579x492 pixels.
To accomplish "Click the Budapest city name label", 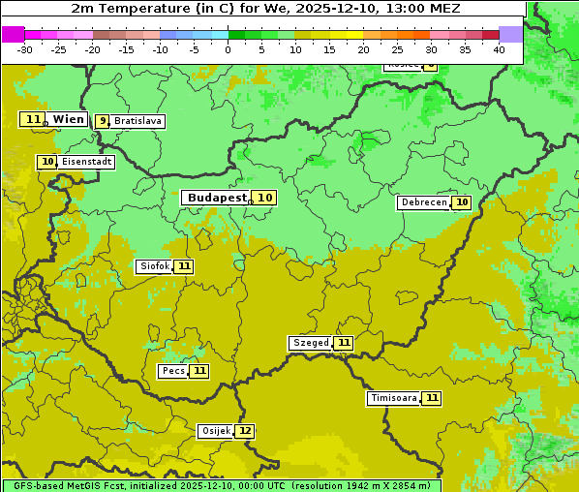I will tap(217, 198).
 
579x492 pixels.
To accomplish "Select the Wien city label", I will tap(69, 119).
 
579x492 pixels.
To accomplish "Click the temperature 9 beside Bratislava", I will tap(103, 121).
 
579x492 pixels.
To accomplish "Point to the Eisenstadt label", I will tap(87, 162).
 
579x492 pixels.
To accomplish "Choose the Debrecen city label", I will tap(423, 202).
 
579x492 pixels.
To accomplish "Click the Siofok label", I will tap(155, 266).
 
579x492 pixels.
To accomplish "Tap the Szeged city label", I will tap(311, 343).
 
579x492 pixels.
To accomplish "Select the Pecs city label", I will tap(173, 371).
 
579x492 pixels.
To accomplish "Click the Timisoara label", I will tap(394, 398).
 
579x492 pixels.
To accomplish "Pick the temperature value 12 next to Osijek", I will tap(245, 431).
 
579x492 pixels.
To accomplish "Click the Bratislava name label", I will tap(137, 121).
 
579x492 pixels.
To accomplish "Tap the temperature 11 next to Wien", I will tap(33, 119).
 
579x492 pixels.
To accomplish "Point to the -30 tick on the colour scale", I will tap(25, 49).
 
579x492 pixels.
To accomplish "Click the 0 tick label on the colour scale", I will tap(229, 49).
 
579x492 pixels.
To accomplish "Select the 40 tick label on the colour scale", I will tap(499, 49).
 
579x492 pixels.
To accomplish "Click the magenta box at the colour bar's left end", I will tap(13, 34).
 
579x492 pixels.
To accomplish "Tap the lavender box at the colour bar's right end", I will tap(510, 34).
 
